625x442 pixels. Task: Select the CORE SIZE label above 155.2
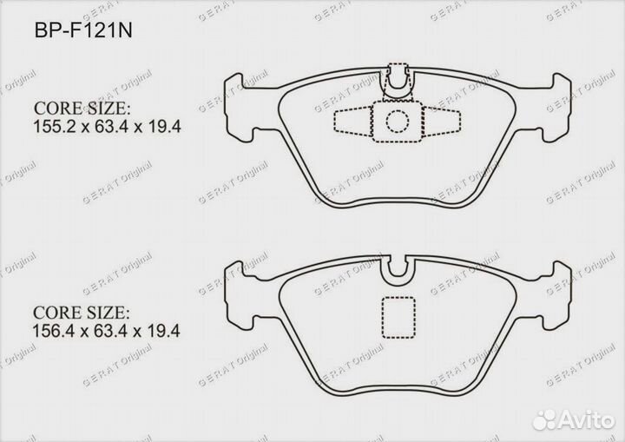(82, 109)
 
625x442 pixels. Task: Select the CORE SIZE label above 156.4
(82, 312)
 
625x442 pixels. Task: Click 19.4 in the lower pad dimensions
(163, 331)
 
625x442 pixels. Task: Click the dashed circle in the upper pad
(398, 121)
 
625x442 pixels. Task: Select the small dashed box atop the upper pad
(398, 75)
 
